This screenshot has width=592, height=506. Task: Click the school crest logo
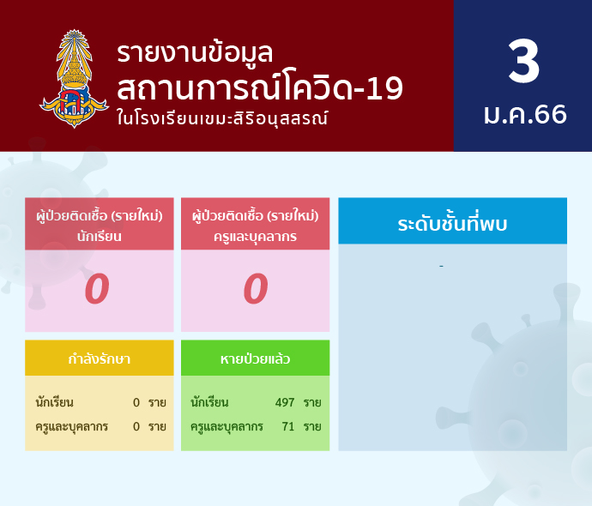(74, 79)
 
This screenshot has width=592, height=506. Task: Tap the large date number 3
(523, 61)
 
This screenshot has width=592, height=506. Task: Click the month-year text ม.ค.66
(525, 114)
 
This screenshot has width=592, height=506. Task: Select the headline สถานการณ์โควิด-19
(260, 87)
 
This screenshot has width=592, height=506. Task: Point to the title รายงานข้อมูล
(195, 53)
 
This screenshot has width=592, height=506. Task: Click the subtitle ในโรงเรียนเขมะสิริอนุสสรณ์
(222, 118)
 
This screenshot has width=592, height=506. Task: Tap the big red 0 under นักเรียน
(97, 289)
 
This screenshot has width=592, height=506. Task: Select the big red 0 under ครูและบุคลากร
(256, 289)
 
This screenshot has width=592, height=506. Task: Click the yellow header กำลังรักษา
(100, 358)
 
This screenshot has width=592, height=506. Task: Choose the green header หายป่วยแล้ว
(255, 358)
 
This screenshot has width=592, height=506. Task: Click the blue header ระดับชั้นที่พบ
(452, 223)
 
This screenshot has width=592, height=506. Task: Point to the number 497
(285, 402)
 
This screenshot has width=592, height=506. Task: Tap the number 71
(287, 426)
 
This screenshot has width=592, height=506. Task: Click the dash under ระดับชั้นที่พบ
(441, 267)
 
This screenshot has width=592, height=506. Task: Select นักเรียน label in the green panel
(209, 402)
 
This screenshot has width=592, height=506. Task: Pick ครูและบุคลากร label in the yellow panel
(72, 427)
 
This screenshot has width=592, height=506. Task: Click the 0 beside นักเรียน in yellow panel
(136, 402)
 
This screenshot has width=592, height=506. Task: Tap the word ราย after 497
(312, 403)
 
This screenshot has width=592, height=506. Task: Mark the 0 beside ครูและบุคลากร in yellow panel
(136, 427)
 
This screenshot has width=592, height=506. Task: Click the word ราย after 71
(312, 427)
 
